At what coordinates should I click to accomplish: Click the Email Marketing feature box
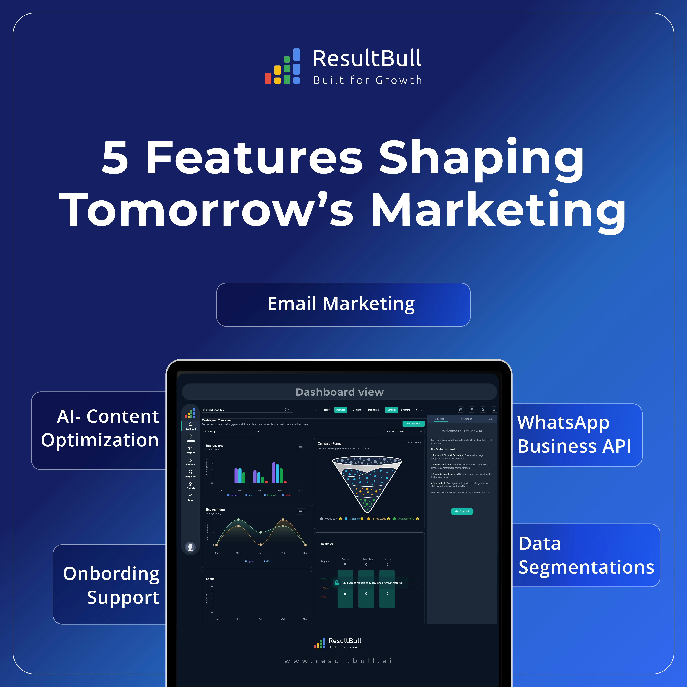point(343,304)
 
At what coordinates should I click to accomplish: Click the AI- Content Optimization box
point(100,430)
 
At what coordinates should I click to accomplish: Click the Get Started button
point(462,511)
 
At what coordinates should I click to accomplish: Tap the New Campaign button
point(413,423)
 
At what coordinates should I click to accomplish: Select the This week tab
point(340,410)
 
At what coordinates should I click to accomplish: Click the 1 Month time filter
point(391,410)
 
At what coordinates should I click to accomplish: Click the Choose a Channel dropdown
point(404,431)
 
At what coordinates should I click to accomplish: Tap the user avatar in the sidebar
point(190,547)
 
